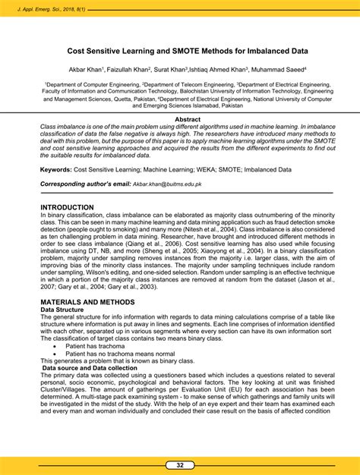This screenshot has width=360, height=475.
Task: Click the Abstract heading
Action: [188, 119]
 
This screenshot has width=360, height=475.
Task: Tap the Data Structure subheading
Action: [63, 310]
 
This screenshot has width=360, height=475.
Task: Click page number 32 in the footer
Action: [180, 464]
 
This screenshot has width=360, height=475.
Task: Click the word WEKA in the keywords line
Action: [201, 170]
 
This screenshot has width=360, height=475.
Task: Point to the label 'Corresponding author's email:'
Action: [85, 184]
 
